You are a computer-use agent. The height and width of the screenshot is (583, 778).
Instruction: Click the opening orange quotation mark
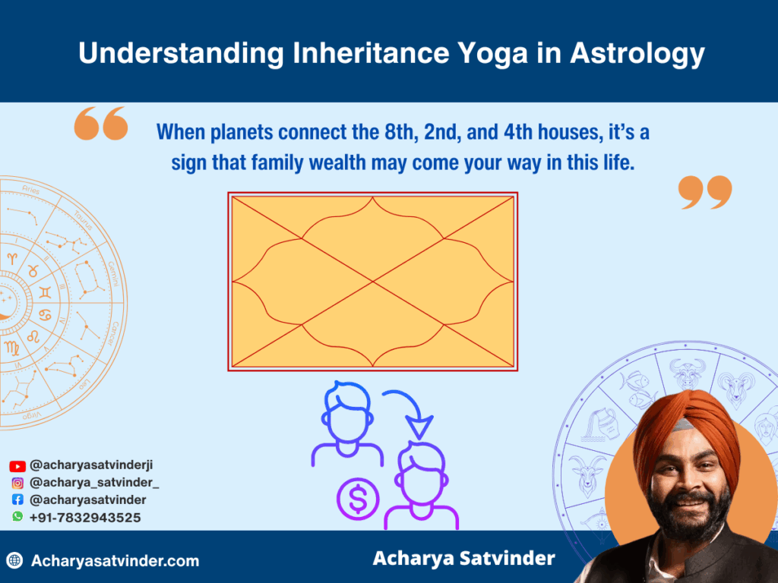(100, 124)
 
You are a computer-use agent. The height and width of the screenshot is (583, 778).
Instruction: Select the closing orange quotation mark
(705, 193)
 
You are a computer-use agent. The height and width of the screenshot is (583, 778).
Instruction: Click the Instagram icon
(17, 483)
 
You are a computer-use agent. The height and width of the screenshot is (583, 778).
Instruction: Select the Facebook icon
(17, 500)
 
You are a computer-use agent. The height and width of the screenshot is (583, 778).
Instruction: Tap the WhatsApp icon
(17, 517)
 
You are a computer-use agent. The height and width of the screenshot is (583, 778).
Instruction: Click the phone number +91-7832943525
(85, 518)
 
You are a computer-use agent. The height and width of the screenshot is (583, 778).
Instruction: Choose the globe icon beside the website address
(14, 561)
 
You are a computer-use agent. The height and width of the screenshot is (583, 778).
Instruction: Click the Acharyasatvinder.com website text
(115, 561)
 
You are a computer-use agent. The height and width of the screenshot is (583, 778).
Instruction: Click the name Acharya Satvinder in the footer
(463, 559)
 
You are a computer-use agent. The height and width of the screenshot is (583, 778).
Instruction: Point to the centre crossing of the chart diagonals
(373, 282)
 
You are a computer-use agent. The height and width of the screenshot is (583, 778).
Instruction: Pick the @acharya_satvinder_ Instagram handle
(94, 483)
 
